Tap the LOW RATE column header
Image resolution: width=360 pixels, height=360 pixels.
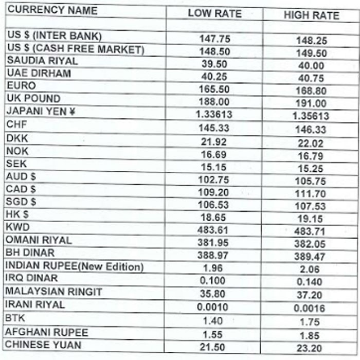tap(214, 13)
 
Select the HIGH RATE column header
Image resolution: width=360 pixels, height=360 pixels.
tap(311, 15)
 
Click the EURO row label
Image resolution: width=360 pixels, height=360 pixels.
tap(21, 85)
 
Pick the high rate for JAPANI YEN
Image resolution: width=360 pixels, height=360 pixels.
tap(311, 116)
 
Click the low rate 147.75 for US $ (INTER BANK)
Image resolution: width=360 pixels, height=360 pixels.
tap(214, 39)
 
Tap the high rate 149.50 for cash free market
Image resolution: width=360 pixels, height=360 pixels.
tap(311, 53)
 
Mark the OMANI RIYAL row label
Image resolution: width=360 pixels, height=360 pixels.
tap(39, 240)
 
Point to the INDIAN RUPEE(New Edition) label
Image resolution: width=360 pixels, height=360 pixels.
tap(74, 266)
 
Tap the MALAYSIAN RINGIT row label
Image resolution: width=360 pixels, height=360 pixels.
tap(54, 292)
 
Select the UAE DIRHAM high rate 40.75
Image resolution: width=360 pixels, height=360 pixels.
tap(311, 78)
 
